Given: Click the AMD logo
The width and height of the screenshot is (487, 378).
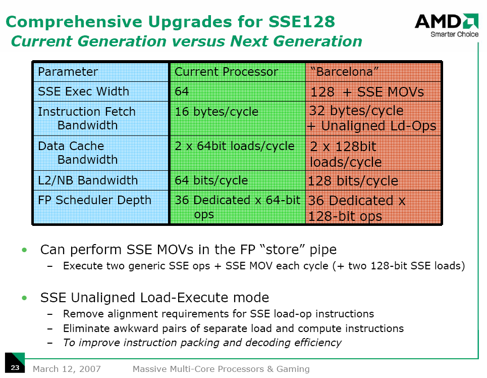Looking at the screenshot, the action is tap(446, 21).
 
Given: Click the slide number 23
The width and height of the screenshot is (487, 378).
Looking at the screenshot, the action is tap(15, 367).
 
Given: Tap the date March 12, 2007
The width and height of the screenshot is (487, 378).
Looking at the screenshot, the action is tap(67, 369).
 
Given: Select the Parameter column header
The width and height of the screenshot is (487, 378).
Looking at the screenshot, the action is tap(68, 72).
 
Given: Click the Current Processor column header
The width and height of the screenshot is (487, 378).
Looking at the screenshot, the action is tap(226, 72).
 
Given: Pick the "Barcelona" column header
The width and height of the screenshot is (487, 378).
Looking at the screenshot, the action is tap(345, 72).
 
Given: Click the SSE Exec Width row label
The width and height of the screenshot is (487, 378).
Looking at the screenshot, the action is tap(83, 91).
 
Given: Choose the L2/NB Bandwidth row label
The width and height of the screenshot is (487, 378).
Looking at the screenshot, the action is tap(88, 180).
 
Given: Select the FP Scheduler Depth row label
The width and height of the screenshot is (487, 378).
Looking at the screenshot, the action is tap(94, 200).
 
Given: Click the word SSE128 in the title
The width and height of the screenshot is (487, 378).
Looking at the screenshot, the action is tap(302, 22).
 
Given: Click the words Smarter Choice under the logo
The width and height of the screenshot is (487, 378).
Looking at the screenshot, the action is tap(454, 34).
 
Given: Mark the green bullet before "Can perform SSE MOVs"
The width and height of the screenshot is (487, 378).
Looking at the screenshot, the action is tap(25, 250).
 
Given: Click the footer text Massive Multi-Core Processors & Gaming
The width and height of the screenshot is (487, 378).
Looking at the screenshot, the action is tap(221, 369).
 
